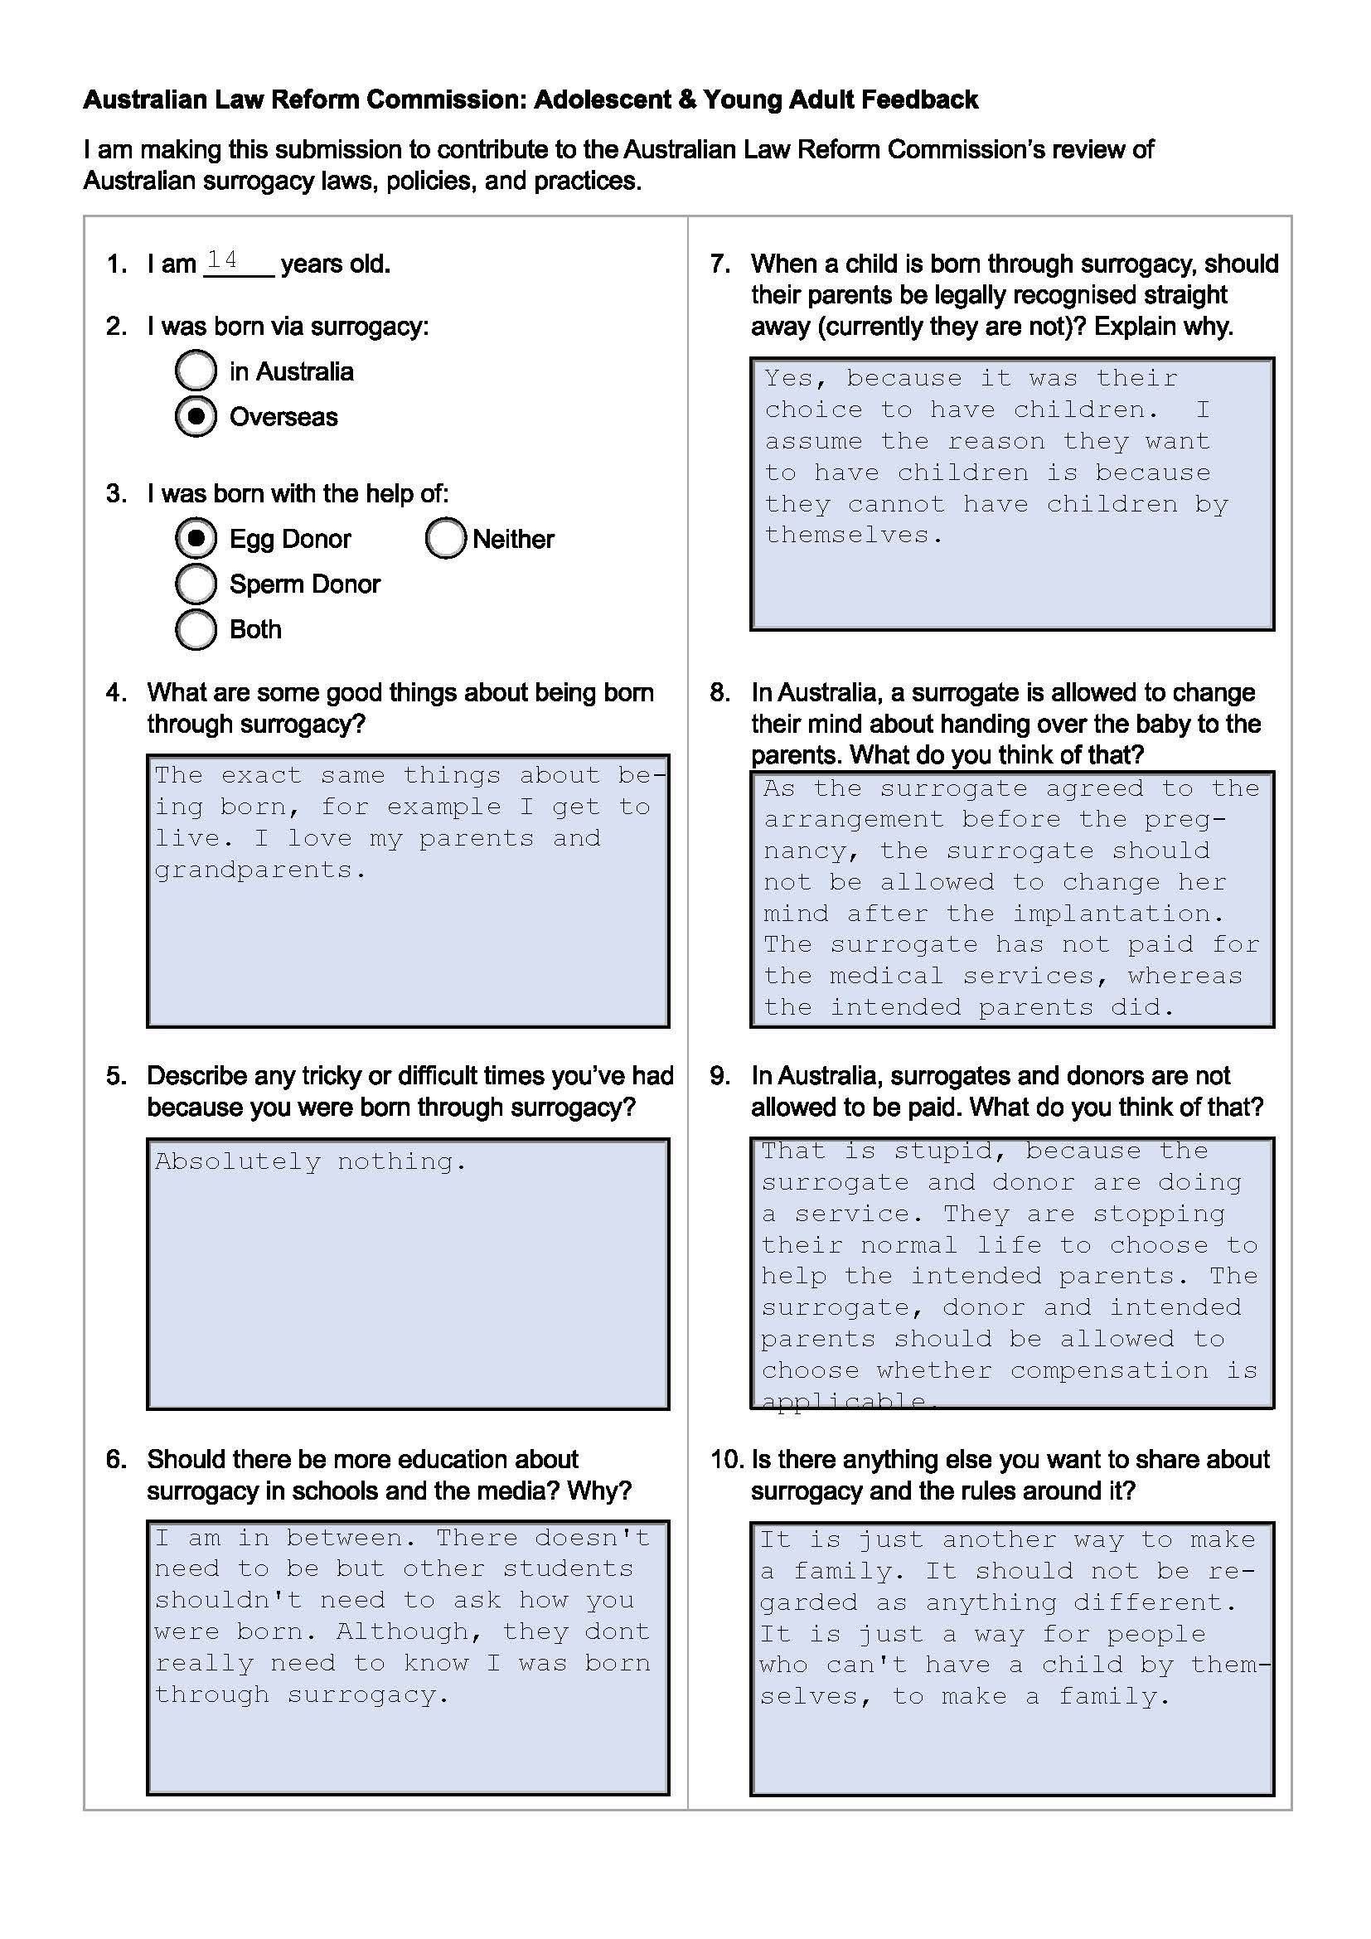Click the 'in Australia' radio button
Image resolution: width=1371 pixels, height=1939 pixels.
[196, 371]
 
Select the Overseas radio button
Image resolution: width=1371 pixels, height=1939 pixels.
[196, 416]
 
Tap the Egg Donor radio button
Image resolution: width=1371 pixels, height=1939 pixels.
[196, 538]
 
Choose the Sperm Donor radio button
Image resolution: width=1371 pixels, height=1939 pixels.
[196, 584]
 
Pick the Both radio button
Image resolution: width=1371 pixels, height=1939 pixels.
[196, 629]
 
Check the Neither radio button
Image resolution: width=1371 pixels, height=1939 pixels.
[446, 538]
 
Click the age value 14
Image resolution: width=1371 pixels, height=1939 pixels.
[222, 259]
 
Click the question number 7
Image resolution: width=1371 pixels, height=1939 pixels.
[720, 264]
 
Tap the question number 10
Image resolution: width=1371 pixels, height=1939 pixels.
[727, 1459]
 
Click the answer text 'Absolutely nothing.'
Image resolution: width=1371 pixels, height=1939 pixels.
[310, 1163]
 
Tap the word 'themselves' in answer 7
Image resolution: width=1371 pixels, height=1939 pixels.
[846, 536]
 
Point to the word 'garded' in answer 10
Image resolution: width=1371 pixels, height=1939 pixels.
[808, 1603]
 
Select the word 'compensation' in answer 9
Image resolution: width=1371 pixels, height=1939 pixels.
[1108, 1370]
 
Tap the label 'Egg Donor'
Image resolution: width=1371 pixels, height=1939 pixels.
[289, 539]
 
